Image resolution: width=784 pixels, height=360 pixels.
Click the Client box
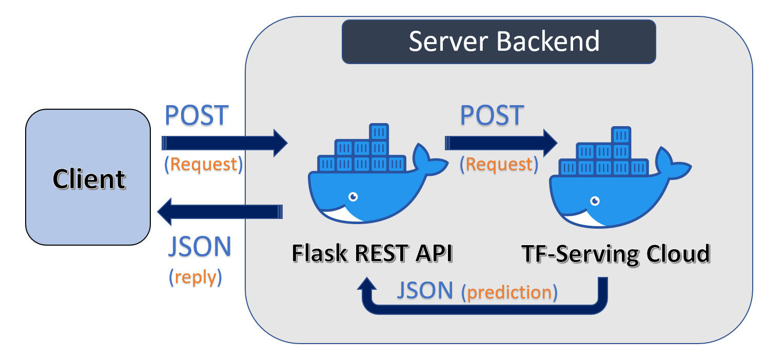click(88, 177)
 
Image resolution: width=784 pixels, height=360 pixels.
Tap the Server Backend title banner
click(499, 42)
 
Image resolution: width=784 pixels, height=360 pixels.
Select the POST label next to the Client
click(196, 115)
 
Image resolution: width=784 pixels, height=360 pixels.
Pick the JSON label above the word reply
click(200, 247)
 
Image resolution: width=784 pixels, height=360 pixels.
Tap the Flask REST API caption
click(373, 253)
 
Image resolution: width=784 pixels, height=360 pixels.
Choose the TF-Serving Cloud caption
click(615, 254)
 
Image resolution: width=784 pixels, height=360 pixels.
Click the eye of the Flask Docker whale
click(352, 196)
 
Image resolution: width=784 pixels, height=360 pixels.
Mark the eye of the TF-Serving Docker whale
click(595, 201)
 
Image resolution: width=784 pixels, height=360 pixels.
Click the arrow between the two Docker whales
click(501, 143)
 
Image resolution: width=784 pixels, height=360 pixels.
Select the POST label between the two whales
click(492, 115)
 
